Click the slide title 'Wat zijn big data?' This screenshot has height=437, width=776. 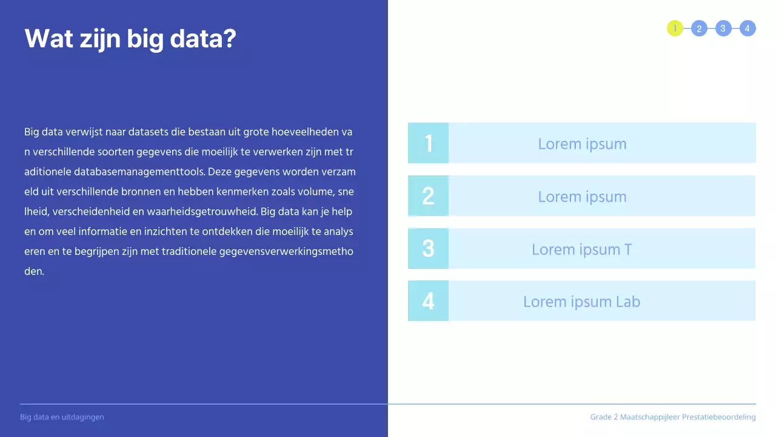[130, 39]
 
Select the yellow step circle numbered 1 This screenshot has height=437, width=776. [675, 29]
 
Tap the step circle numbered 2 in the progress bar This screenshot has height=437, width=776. [699, 29]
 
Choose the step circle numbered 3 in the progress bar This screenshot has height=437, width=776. [723, 29]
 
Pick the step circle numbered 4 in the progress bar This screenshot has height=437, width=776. [748, 29]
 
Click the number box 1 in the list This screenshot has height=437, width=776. [428, 143]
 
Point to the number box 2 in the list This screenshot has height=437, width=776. [428, 196]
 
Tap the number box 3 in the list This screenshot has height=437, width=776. [428, 249]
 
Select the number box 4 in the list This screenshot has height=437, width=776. [428, 301]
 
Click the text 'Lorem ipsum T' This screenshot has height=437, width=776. [581, 249]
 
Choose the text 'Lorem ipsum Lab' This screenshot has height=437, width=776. [581, 302]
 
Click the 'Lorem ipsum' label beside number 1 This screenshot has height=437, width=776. [582, 144]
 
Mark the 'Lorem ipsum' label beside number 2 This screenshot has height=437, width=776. [582, 197]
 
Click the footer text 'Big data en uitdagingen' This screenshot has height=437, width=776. [62, 417]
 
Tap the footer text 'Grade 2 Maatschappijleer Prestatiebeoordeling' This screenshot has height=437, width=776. [673, 417]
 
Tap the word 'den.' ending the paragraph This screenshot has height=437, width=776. [34, 271]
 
